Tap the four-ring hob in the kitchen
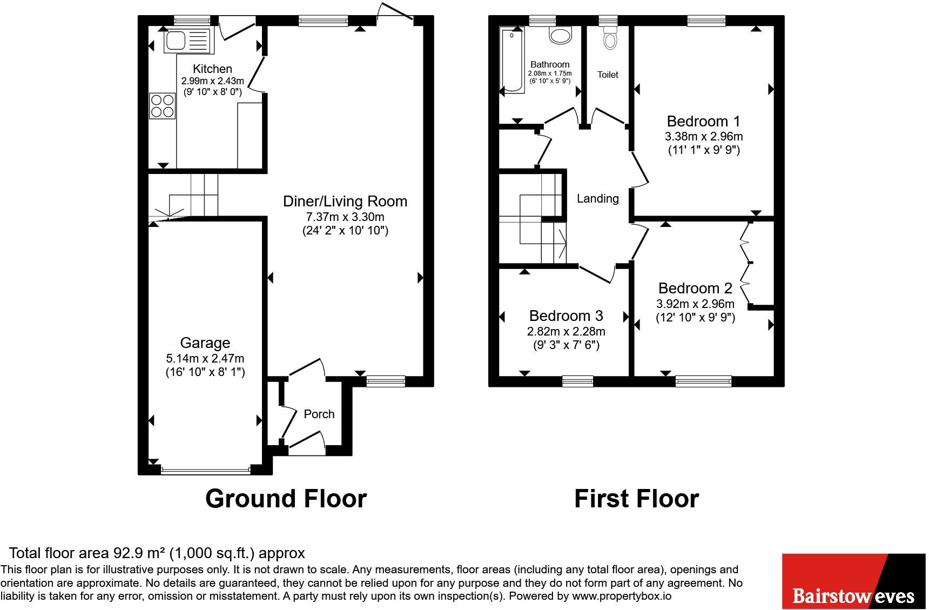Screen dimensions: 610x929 [163, 106]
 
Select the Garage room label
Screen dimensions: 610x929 [205, 343]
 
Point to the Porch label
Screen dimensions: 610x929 [319, 414]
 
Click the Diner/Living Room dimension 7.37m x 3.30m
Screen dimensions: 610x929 [345, 217]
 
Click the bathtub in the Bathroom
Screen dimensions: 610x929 [513, 61]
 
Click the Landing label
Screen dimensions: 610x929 [597, 199]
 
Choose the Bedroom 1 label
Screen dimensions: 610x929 [703, 121]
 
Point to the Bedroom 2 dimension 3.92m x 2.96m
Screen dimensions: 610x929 [695, 304]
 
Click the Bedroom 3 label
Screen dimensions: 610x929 [566, 316]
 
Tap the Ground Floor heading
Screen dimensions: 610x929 [286, 498]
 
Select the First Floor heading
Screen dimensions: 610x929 [636, 498]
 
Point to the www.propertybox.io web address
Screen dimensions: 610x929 [621, 596]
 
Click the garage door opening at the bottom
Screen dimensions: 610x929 [205, 471]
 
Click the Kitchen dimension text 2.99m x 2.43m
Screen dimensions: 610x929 [212, 81]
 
